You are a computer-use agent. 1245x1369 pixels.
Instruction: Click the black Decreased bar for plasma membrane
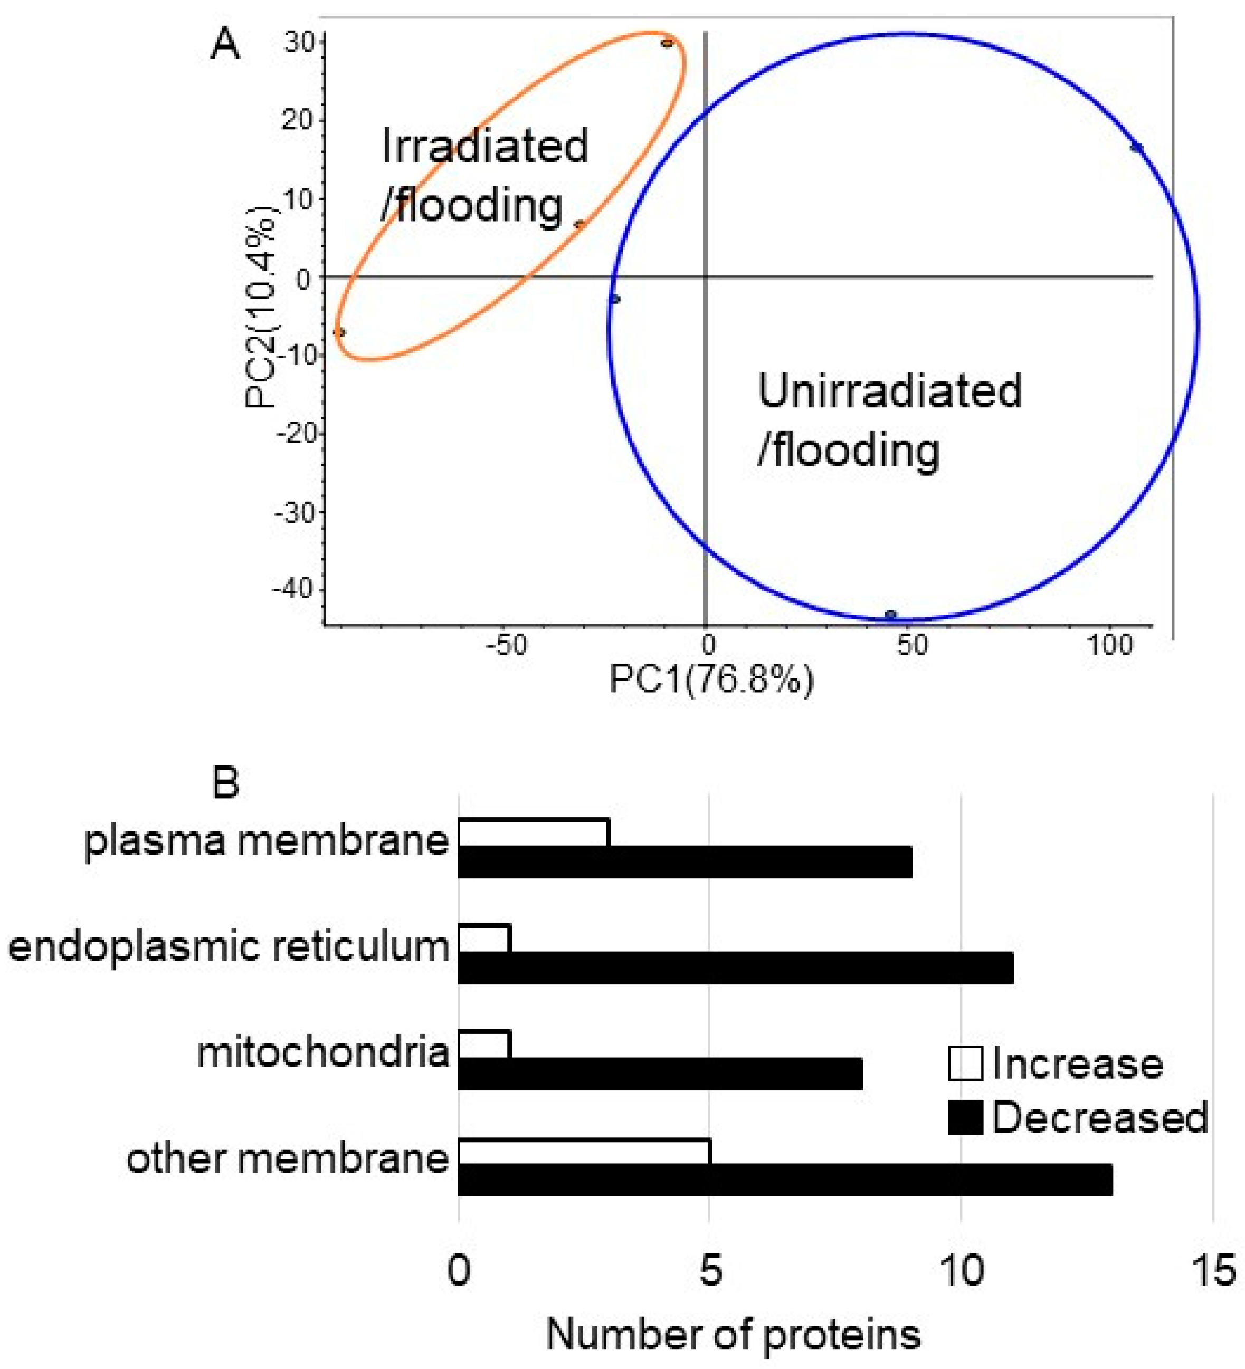(x=685, y=861)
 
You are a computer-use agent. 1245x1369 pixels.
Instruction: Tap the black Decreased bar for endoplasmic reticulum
(x=736, y=968)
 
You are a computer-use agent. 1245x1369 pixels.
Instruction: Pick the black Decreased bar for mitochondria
(x=660, y=1074)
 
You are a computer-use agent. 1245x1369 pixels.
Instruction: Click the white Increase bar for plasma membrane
(x=534, y=832)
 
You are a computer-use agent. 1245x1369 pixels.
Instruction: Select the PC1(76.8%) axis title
(x=711, y=679)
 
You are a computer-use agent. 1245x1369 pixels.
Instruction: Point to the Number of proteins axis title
(x=734, y=1335)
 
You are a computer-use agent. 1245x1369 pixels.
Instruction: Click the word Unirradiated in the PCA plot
(x=890, y=392)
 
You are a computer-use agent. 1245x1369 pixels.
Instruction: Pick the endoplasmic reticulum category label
(x=229, y=948)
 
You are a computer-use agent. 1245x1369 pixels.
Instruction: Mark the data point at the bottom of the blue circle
(x=890, y=615)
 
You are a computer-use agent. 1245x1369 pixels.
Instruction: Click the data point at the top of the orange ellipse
(x=667, y=43)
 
